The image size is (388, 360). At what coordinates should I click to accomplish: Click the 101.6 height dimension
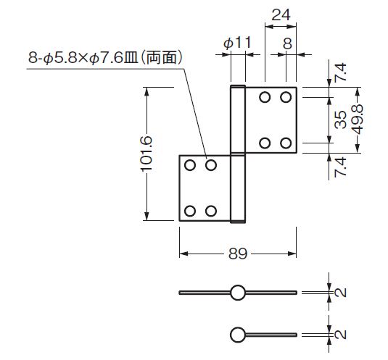[146, 154]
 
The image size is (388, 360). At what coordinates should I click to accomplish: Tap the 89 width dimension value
[238, 254]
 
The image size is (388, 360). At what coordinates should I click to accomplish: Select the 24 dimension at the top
[281, 15]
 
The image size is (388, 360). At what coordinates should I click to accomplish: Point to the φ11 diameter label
[237, 43]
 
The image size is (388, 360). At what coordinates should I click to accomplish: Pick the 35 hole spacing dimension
[340, 120]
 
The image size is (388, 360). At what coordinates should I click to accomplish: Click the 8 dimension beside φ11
[287, 44]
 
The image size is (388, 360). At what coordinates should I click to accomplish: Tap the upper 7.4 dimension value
[340, 72]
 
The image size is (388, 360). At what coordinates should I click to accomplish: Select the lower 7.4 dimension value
[340, 167]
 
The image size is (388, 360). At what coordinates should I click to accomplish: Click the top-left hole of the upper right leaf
[265, 97]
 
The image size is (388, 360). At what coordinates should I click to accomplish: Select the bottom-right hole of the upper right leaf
[286, 143]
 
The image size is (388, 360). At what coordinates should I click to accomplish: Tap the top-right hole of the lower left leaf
[211, 165]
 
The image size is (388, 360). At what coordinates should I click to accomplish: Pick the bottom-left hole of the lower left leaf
[190, 211]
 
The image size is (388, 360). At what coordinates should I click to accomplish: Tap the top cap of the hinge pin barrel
[238, 86]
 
